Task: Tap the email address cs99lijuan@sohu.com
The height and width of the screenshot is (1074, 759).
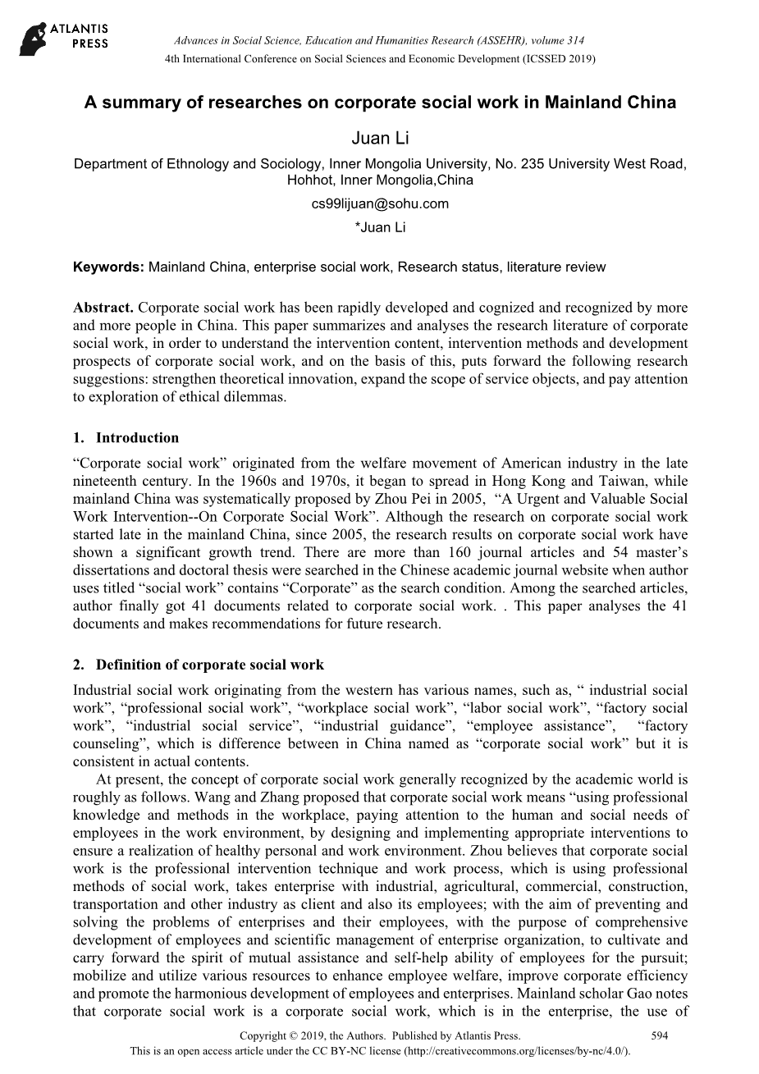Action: [380, 203]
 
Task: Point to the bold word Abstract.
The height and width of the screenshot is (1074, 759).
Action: [103, 308]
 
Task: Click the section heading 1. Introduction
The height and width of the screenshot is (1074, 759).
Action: [126, 437]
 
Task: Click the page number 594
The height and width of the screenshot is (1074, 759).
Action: [659, 1035]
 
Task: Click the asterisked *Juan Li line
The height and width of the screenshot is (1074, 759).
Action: [380, 227]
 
